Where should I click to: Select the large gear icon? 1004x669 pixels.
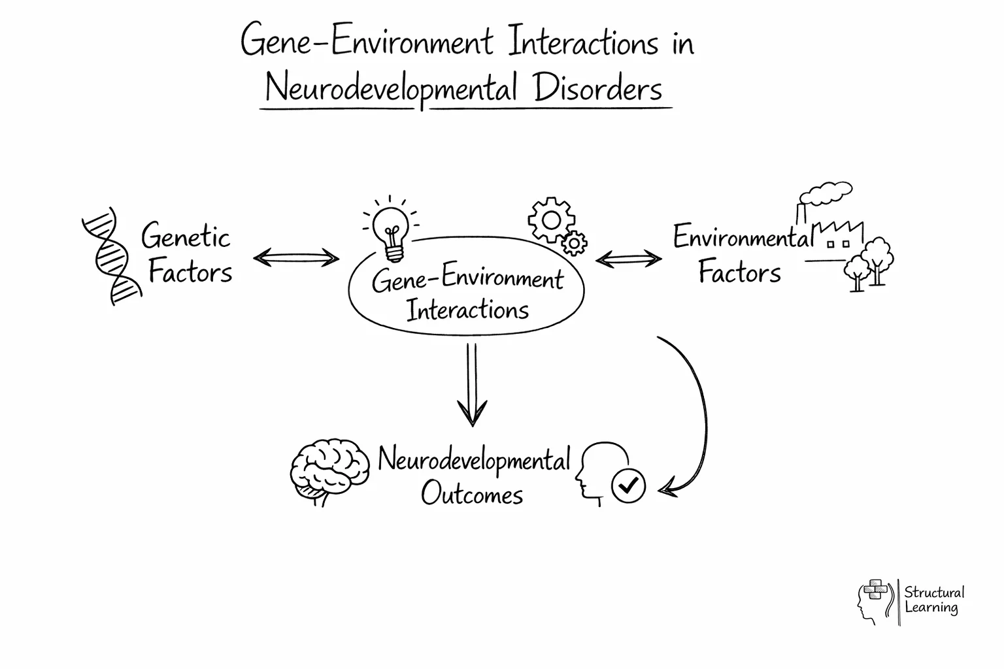click(x=550, y=220)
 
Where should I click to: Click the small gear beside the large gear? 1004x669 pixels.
click(x=574, y=243)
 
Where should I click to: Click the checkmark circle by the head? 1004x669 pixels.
click(x=627, y=485)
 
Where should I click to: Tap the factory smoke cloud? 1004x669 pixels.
click(x=826, y=193)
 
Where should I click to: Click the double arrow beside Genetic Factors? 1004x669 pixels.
click(x=296, y=258)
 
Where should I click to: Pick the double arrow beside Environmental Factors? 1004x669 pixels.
click(x=628, y=259)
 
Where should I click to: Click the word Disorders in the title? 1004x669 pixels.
click(x=597, y=89)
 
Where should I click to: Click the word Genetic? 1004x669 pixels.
click(x=186, y=237)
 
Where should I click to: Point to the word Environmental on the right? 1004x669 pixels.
click(x=742, y=237)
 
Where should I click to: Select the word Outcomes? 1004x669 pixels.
click(x=472, y=494)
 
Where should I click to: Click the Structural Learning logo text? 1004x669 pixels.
click(x=933, y=600)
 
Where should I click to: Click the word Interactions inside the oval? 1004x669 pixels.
click(x=467, y=309)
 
